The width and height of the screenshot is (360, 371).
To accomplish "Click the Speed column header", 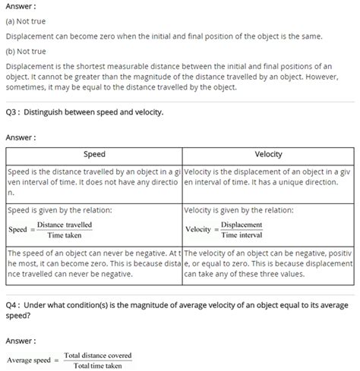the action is click(x=93, y=154).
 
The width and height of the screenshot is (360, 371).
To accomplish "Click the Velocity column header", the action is click(x=268, y=154).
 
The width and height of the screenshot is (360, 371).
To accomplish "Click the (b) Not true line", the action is click(x=27, y=52).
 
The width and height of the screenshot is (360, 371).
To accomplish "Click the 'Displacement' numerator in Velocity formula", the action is click(x=244, y=225).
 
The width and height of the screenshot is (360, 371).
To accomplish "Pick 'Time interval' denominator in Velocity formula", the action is click(x=244, y=236).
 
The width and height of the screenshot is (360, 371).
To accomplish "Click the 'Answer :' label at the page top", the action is click(x=21, y=6).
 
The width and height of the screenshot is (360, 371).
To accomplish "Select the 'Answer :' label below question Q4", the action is click(x=21, y=341).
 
